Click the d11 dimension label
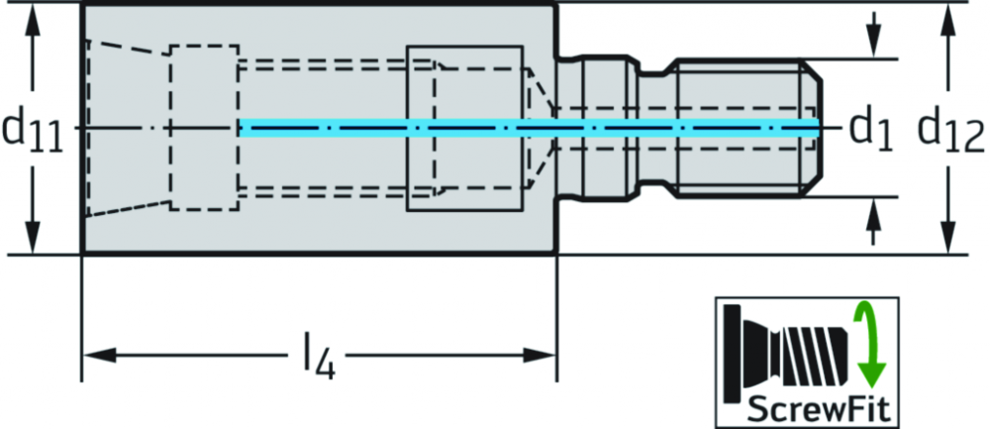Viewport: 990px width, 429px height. pyautogui.click(x=33, y=131)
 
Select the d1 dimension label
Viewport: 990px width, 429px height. pyautogui.click(x=870, y=131)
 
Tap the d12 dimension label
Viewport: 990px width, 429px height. pyautogui.click(x=950, y=131)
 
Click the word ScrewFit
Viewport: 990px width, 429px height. pyautogui.click(x=819, y=410)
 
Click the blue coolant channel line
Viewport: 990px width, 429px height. pyautogui.click(x=529, y=128)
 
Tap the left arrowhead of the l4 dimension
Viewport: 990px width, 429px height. pyautogui.click(x=99, y=355)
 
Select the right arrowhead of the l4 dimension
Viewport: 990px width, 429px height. pyautogui.click(x=539, y=355)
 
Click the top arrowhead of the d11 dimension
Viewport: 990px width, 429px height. pyautogui.click(x=34, y=21)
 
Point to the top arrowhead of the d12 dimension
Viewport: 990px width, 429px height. pyautogui.click(x=946, y=21)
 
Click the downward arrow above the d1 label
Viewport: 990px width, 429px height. pyautogui.click(x=873, y=36)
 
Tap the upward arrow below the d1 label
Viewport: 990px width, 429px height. pyautogui.click(x=873, y=221)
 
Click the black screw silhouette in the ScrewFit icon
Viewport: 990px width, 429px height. pyautogui.click(x=787, y=354)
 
